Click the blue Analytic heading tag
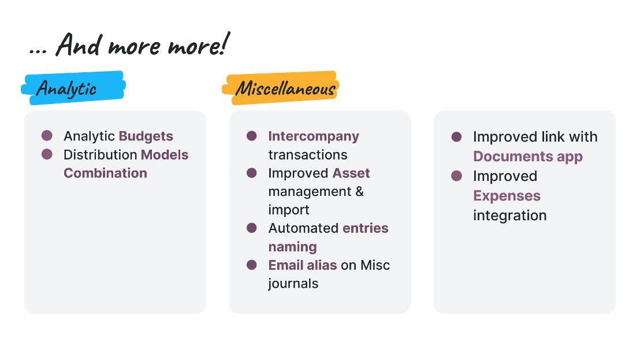pyautogui.click(x=73, y=88)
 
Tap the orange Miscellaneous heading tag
pyautogui.click(x=281, y=88)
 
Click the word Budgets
pyautogui.click(x=146, y=136)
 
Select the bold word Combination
pyautogui.click(x=105, y=173)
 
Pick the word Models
pyautogui.click(x=165, y=155)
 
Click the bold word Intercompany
pyautogui.click(x=314, y=136)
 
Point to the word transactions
pyautogui.click(x=308, y=155)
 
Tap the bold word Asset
pyautogui.click(x=351, y=173)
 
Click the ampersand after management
pyautogui.click(x=359, y=191)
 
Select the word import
pyautogui.click(x=289, y=210)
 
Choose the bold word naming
pyautogui.click(x=292, y=247)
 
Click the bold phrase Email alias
pyautogui.click(x=303, y=265)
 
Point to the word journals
pyautogui.click(x=293, y=284)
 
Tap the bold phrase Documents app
pyautogui.click(x=528, y=157)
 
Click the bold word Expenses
pyautogui.click(x=507, y=196)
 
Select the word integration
pyautogui.click(x=510, y=216)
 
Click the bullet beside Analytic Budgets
pyautogui.click(x=47, y=136)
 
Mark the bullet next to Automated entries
pyautogui.click(x=252, y=228)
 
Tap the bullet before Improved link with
pyautogui.click(x=457, y=137)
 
